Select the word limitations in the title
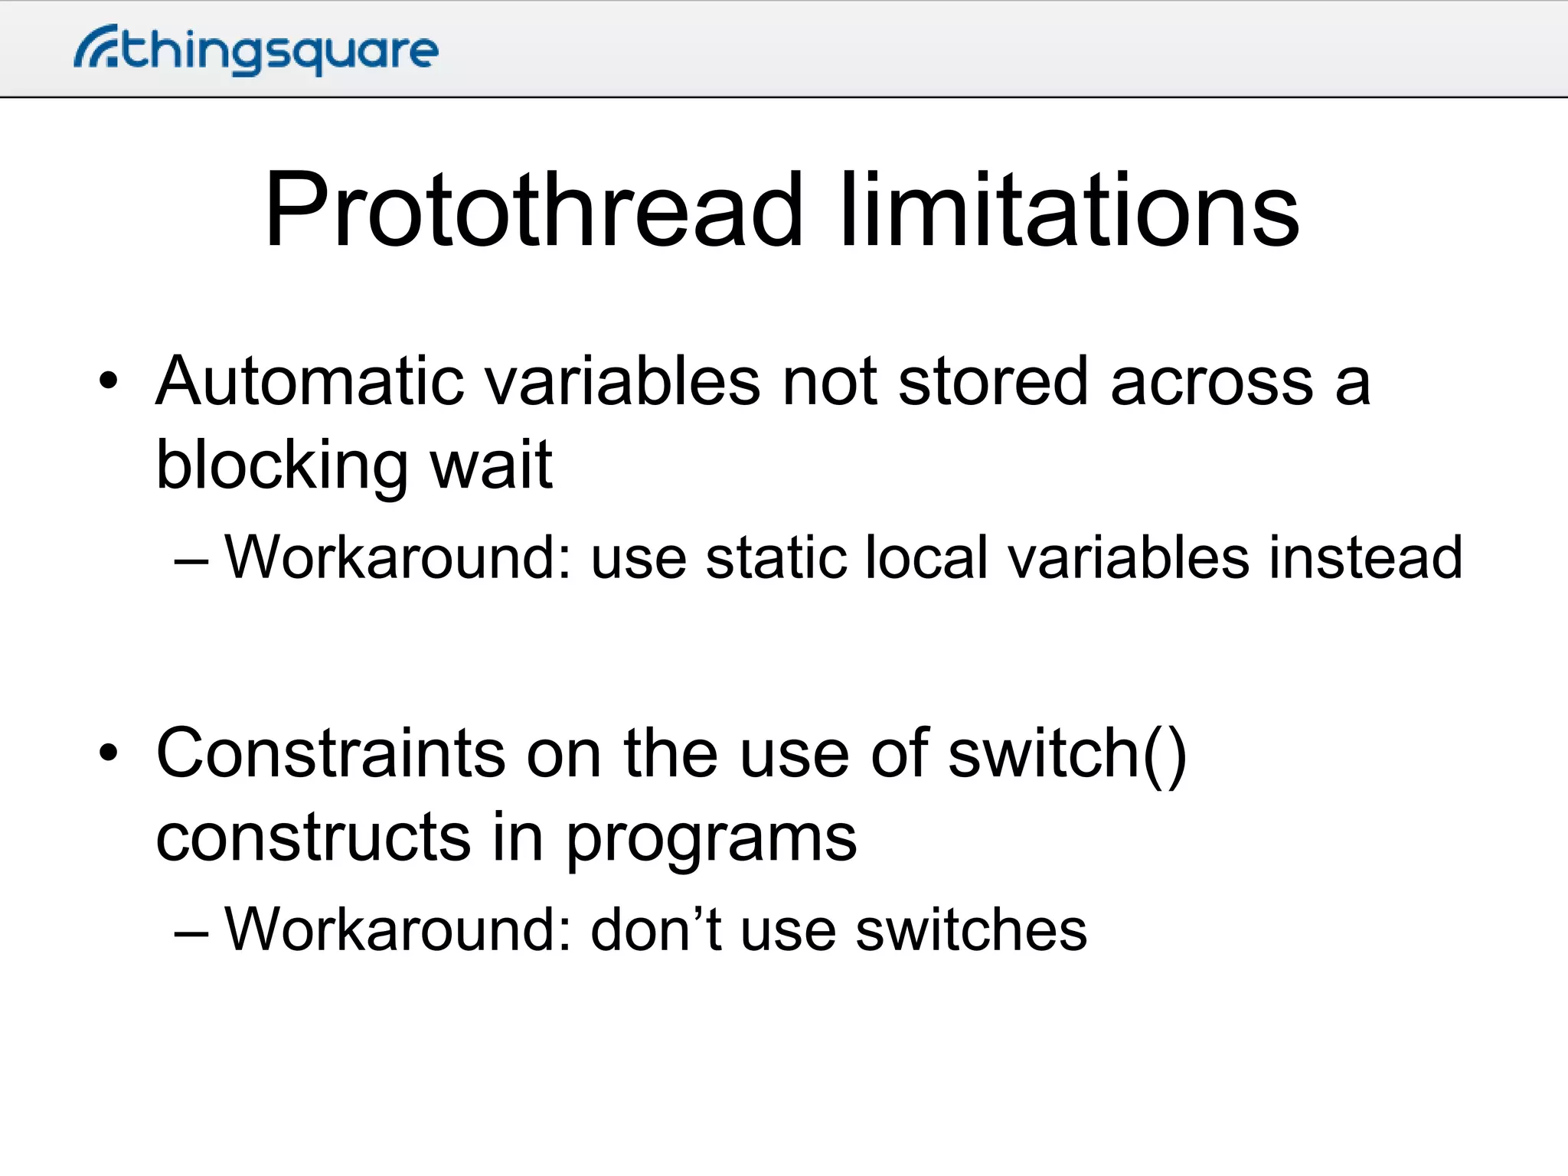click(x=1069, y=210)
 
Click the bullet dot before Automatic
click(x=109, y=381)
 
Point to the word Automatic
click(x=309, y=381)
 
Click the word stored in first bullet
click(x=992, y=381)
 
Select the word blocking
click(x=282, y=465)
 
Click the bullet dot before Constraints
click(x=109, y=753)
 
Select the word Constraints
click(x=330, y=753)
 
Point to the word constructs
click(x=313, y=837)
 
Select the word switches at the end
click(x=971, y=929)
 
